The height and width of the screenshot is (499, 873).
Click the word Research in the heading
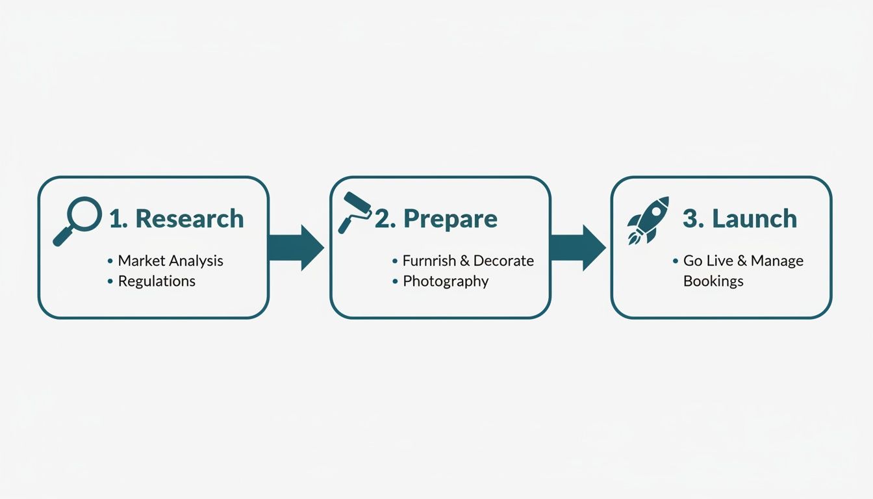pos(190,218)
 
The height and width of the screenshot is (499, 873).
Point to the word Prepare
pos(451,220)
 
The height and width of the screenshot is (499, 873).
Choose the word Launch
pos(755,218)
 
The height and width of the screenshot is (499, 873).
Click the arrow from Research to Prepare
pos(296,248)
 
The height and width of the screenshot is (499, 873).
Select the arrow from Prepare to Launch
pos(578,248)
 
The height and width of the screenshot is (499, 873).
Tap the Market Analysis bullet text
pos(170,261)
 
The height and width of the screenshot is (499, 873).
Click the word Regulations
pos(157,281)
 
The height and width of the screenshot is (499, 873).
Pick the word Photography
pos(446,281)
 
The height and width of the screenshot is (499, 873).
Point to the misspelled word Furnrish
pos(429,261)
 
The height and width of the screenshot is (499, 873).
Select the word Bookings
pos(713,281)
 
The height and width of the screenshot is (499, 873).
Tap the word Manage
pos(777,261)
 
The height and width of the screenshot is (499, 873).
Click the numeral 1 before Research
pos(116,219)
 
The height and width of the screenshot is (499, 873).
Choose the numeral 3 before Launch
pos(691,219)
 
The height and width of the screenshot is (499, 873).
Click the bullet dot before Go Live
pos(676,261)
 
